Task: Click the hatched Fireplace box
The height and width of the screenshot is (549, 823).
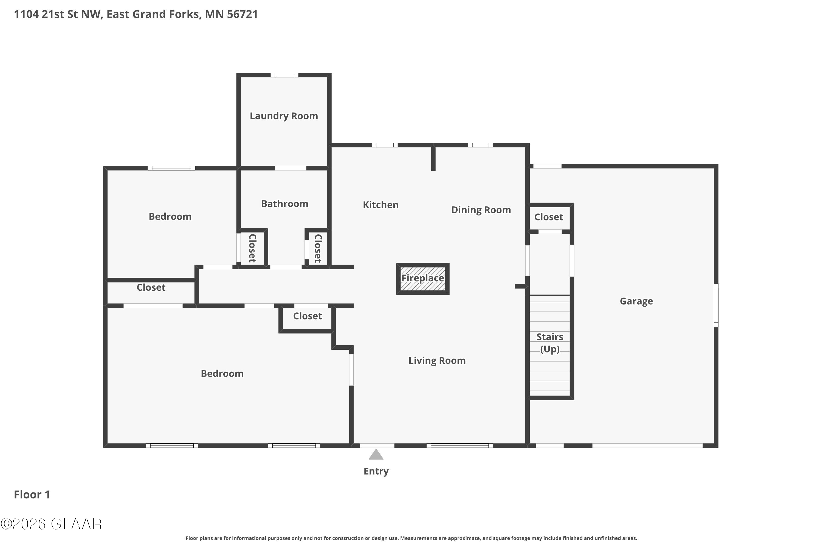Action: click(422, 279)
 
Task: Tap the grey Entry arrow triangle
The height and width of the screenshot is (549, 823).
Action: click(376, 455)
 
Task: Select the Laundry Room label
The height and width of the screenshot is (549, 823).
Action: click(284, 116)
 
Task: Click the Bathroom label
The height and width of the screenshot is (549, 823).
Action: click(284, 204)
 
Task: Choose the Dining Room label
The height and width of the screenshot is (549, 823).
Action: click(481, 210)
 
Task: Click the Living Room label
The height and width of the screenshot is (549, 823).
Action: click(437, 361)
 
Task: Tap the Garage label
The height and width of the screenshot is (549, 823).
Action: click(636, 301)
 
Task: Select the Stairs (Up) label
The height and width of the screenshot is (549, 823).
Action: click(550, 343)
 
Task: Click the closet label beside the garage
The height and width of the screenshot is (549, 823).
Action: click(548, 217)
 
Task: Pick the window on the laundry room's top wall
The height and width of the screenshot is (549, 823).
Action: click(284, 75)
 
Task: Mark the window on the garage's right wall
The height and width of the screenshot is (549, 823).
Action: click(716, 305)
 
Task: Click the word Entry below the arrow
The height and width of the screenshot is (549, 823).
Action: click(376, 471)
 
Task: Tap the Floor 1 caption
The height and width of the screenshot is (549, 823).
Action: click(32, 494)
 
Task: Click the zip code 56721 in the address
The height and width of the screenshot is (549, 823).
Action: click(242, 14)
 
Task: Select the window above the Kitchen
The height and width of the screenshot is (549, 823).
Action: click(385, 145)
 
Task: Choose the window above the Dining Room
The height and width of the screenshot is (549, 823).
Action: click(480, 145)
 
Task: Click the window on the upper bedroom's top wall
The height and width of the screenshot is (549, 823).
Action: click(171, 168)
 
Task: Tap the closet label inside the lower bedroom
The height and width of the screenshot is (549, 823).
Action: click(307, 316)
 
